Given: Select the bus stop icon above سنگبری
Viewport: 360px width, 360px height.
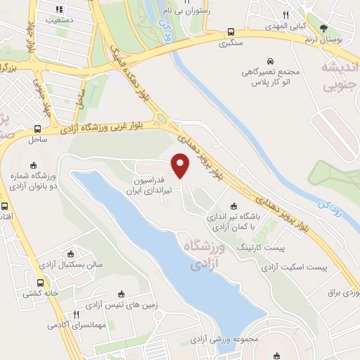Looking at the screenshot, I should click(x=231, y=31).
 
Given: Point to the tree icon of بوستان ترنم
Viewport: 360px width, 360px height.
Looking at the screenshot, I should click(x=324, y=28).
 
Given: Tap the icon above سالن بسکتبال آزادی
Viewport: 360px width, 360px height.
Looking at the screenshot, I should click(x=69, y=254).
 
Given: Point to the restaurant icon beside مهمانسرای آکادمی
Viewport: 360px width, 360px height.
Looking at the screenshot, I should click(x=76, y=315).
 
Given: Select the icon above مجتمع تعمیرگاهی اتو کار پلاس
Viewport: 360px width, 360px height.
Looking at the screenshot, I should click(x=270, y=60).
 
